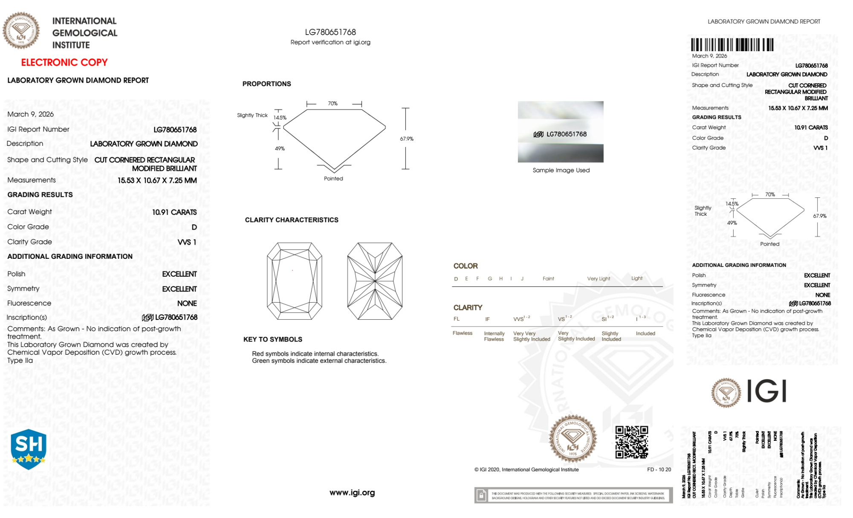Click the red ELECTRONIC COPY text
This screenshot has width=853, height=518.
[x=64, y=63]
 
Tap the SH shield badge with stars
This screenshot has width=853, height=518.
[x=29, y=449]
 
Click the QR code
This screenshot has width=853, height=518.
[x=631, y=442]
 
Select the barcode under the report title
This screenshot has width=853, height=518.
[x=732, y=45]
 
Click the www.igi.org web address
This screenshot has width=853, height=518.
[x=352, y=492]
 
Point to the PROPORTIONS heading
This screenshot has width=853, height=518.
[x=266, y=84]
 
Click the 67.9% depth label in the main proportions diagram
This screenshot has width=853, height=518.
[x=406, y=139]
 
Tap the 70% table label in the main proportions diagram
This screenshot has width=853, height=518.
[x=333, y=104]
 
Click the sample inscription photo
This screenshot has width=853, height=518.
[x=561, y=132]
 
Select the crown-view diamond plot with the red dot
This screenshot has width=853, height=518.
[x=294, y=281]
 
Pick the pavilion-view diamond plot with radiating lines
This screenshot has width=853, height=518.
[x=375, y=281]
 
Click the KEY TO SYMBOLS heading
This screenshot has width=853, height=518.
[x=273, y=339]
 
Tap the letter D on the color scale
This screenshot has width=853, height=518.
[x=456, y=279]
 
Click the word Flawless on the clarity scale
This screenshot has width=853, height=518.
[x=463, y=333]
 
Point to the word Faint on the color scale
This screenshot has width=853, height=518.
[x=548, y=279]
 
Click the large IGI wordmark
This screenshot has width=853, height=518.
[x=766, y=391]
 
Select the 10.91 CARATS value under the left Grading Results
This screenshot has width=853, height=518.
[x=174, y=212]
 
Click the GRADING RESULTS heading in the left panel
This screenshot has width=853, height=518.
[x=40, y=195]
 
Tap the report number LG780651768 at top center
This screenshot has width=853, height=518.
[x=330, y=32]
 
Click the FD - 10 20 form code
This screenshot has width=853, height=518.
[x=659, y=470]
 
